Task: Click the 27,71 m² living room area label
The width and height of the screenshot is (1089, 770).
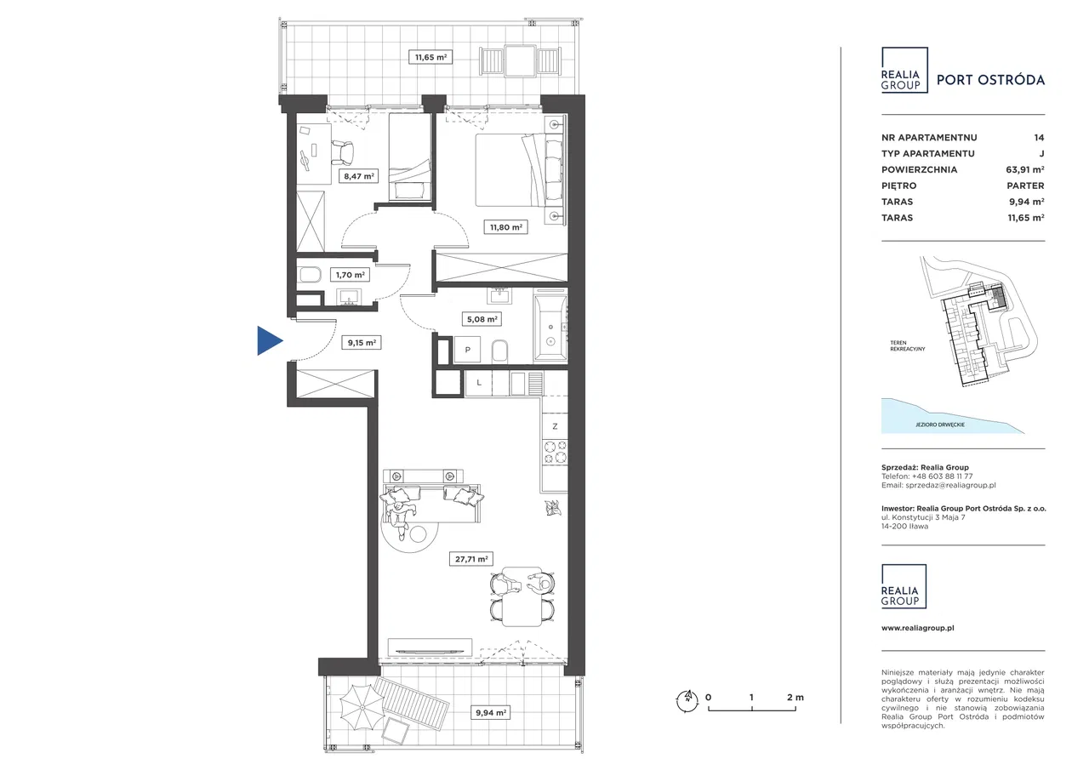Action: pos(471,559)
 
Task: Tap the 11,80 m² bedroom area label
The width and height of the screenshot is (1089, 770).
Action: pos(506,227)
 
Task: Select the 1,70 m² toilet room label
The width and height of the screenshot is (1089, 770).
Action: pos(350,275)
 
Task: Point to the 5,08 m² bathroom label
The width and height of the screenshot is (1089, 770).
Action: pos(482,319)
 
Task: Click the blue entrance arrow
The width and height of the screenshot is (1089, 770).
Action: pos(270,341)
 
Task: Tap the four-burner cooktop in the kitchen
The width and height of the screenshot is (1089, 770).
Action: pos(555,452)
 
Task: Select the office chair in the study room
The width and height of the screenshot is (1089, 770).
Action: pos(343,152)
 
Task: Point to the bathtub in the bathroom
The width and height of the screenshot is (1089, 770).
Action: pos(550,328)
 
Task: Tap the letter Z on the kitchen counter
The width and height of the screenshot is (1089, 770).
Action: pos(555,426)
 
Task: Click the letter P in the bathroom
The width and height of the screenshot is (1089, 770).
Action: pos(468,350)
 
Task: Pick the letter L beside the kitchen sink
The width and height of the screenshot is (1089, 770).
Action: pos(479,383)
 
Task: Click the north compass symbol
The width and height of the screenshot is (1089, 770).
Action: pos(687,700)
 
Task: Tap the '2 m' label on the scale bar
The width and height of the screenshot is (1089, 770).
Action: pos(795,697)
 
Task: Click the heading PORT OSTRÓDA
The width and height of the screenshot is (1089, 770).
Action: pos(991,80)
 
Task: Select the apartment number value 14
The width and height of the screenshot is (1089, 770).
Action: pos(1039,138)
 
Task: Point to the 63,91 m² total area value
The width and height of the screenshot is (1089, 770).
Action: pos(1025,169)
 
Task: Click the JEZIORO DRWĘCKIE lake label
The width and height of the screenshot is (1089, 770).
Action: pos(940,425)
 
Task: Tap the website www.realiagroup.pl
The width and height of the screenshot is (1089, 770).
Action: pos(918,628)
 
